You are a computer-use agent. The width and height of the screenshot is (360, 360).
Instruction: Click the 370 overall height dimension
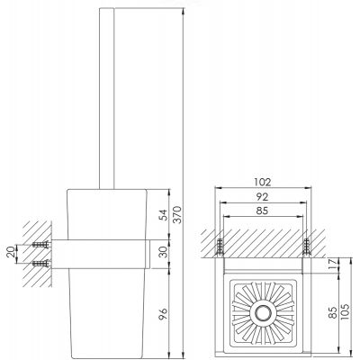(177, 214)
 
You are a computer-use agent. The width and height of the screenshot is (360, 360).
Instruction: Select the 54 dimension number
(164, 215)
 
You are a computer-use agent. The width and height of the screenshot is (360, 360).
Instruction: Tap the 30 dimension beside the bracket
(164, 252)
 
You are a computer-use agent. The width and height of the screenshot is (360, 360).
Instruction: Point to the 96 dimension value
(164, 314)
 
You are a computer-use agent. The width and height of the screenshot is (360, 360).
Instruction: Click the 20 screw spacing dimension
(11, 252)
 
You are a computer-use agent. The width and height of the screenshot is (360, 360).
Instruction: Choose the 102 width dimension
(262, 182)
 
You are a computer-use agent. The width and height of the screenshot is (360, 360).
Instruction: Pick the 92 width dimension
(262, 197)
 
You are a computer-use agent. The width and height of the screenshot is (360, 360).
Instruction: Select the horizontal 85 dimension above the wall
(262, 211)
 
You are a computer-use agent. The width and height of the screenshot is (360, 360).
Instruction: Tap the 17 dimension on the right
(332, 265)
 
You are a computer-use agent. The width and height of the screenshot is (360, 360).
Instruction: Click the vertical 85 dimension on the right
(332, 312)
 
